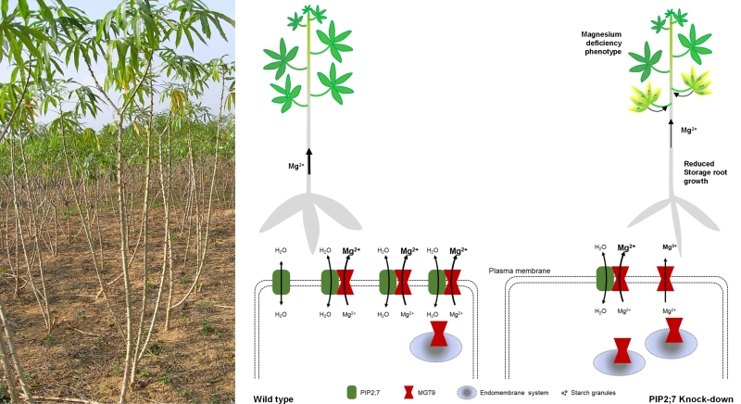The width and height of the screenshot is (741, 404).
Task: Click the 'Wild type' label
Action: pyautogui.click(x=273, y=398)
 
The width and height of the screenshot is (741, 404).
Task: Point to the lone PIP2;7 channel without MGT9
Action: pyautogui.click(x=280, y=282)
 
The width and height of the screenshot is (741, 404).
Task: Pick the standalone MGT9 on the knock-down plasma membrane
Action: pyautogui.click(x=667, y=281)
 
